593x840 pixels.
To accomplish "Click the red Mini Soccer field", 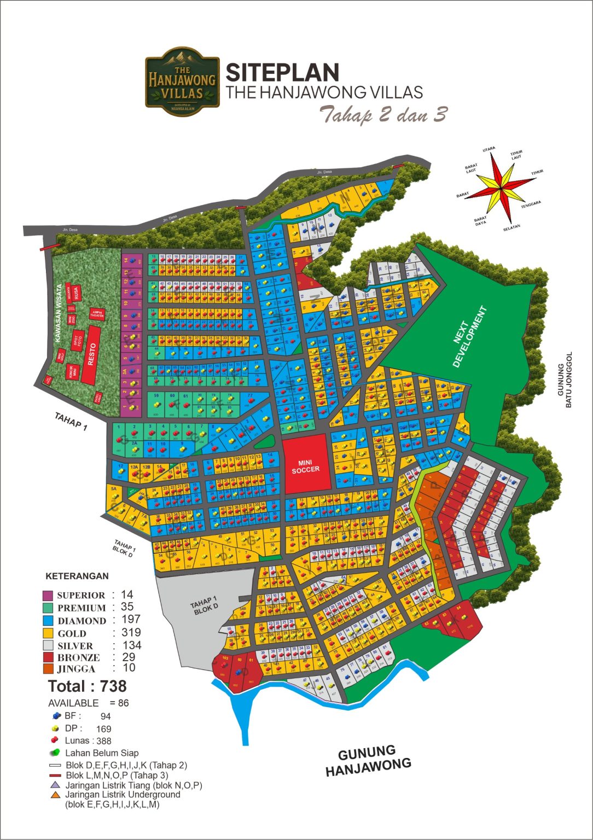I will [x=306, y=466].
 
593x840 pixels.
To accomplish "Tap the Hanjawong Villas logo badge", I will [x=182, y=81].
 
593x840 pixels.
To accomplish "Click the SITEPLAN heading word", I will [x=282, y=73].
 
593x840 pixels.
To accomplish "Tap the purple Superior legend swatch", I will [x=48, y=595].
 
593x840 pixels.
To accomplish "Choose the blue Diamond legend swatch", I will [x=48, y=621].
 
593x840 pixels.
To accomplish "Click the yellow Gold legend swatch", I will [x=48, y=633].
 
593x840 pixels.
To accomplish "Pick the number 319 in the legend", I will [x=131, y=633].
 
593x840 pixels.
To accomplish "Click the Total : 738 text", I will [x=87, y=686].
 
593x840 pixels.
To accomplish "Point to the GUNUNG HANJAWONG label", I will [x=368, y=761].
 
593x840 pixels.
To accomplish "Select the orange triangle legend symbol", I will [x=55, y=795].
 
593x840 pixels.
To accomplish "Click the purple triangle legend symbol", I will [x=55, y=785].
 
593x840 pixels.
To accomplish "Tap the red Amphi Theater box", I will [x=97, y=314].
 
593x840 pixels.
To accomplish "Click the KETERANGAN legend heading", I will [x=77, y=576].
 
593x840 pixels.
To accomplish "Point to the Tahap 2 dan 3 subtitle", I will [x=383, y=115].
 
